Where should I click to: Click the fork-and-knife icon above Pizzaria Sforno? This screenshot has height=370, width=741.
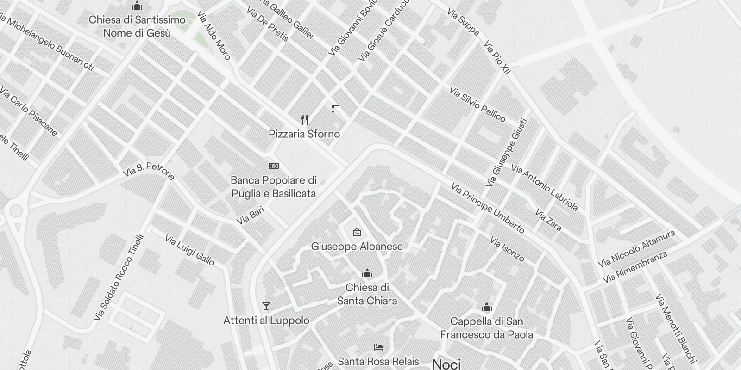pyautogui.click(x=304, y=120)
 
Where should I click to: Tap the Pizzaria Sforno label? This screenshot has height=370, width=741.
pyautogui.click(x=304, y=134)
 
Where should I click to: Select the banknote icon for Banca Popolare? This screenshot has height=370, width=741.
pyautogui.click(x=274, y=166)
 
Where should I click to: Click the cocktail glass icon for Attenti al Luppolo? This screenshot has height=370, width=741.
pyautogui.click(x=266, y=306)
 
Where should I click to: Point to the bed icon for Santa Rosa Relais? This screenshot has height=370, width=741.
pyautogui.click(x=378, y=347)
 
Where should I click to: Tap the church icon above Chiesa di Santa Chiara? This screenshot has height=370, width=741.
pyautogui.click(x=367, y=274)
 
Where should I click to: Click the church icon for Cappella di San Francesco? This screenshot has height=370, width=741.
pyautogui.click(x=486, y=308)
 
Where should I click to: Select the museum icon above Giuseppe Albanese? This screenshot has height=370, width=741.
pyautogui.click(x=357, y=232)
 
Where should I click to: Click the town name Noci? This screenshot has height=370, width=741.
pyautogui.click(x=446, y=364)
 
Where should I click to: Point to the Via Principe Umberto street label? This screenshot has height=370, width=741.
pyautogui.click(x=488, y=208)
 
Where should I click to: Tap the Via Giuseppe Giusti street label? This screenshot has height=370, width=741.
pyautogui.click(x=507, y=153)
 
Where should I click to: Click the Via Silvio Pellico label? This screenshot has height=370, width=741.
pyautogui.click(x=477, y=104)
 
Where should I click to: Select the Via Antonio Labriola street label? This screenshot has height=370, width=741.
pyautogui.click(x=545, y=187)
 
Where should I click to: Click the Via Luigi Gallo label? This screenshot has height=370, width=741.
pyautogui.click(x=189, y=250)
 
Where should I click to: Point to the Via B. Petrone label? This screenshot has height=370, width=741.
pyautogui.click(x=149, y=171)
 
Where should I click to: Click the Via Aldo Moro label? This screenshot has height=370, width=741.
pyautogui.click(x=214, y=36)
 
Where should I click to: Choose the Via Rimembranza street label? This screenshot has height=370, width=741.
pyautogui.click(x=635, y=266)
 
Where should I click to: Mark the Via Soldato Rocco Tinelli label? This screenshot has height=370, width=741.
pyautogui.click(x=119, y=277)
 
